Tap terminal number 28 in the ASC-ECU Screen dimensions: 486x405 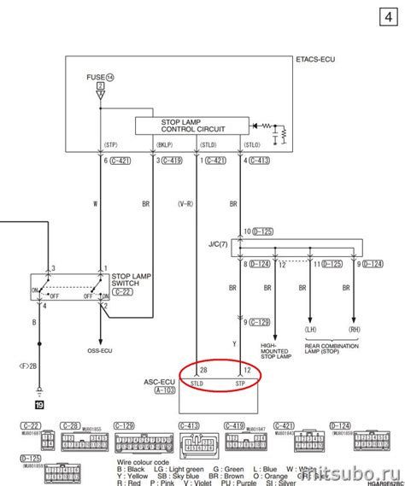click(x=203, y=369)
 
